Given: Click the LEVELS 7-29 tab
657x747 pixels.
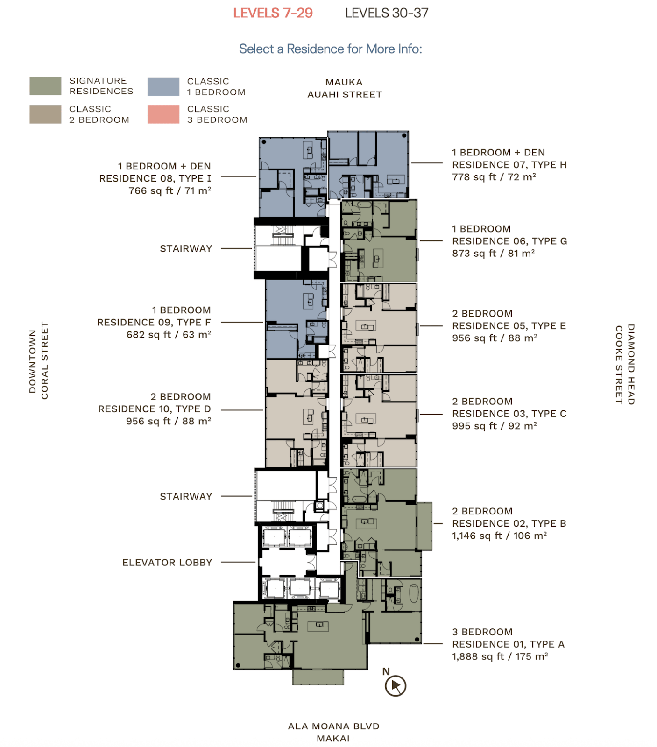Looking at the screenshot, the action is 273,13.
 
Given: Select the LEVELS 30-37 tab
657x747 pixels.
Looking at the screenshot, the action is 387,13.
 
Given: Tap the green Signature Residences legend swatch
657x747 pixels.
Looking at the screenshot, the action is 45,86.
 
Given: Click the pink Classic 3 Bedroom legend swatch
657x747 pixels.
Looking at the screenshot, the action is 163,114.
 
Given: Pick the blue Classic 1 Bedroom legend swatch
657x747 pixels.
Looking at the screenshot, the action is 163,86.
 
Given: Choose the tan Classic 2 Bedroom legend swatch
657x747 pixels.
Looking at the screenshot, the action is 45,114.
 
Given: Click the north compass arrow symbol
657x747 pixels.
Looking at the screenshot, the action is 396,686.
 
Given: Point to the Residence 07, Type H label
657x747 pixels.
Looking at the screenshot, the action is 509,165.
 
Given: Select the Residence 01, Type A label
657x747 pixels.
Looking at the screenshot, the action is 509,644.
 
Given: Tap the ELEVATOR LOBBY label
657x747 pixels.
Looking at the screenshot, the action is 167,563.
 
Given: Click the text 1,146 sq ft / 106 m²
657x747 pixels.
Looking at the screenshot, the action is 500,536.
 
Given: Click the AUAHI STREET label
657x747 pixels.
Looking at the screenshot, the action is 345,94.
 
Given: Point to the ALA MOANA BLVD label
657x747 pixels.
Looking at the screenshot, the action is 333,726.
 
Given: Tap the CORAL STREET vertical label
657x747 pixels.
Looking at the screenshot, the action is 45,360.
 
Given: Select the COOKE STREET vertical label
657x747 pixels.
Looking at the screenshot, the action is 619,365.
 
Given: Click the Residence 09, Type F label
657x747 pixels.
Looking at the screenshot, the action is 154,323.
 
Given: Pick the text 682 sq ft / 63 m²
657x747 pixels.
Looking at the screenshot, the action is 169,335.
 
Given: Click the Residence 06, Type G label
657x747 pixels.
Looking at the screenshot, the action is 510,241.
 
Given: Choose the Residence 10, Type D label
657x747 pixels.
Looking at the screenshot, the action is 155,409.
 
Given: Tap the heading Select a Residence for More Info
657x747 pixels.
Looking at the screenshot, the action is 331,49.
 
